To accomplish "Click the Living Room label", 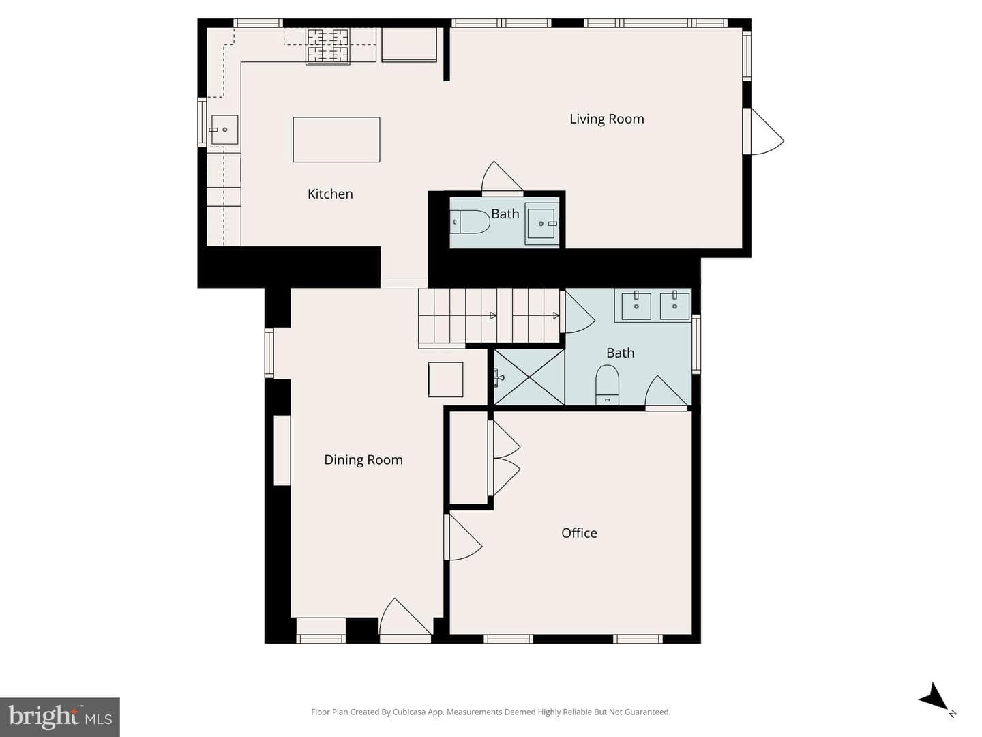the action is coord(607,119).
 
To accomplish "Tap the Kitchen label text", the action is coord(330,194).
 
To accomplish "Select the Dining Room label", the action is coord(363,459).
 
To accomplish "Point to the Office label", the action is coord(579,532).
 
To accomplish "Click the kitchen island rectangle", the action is coord(336,140).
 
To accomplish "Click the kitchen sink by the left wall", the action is coord(224,130).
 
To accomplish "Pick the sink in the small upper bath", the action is coord(541,223).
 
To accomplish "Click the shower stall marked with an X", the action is coord(529,377).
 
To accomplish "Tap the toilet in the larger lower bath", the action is coord(607,384).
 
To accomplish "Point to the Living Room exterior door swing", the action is coord(767,132).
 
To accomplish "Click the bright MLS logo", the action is coord(59,717).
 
